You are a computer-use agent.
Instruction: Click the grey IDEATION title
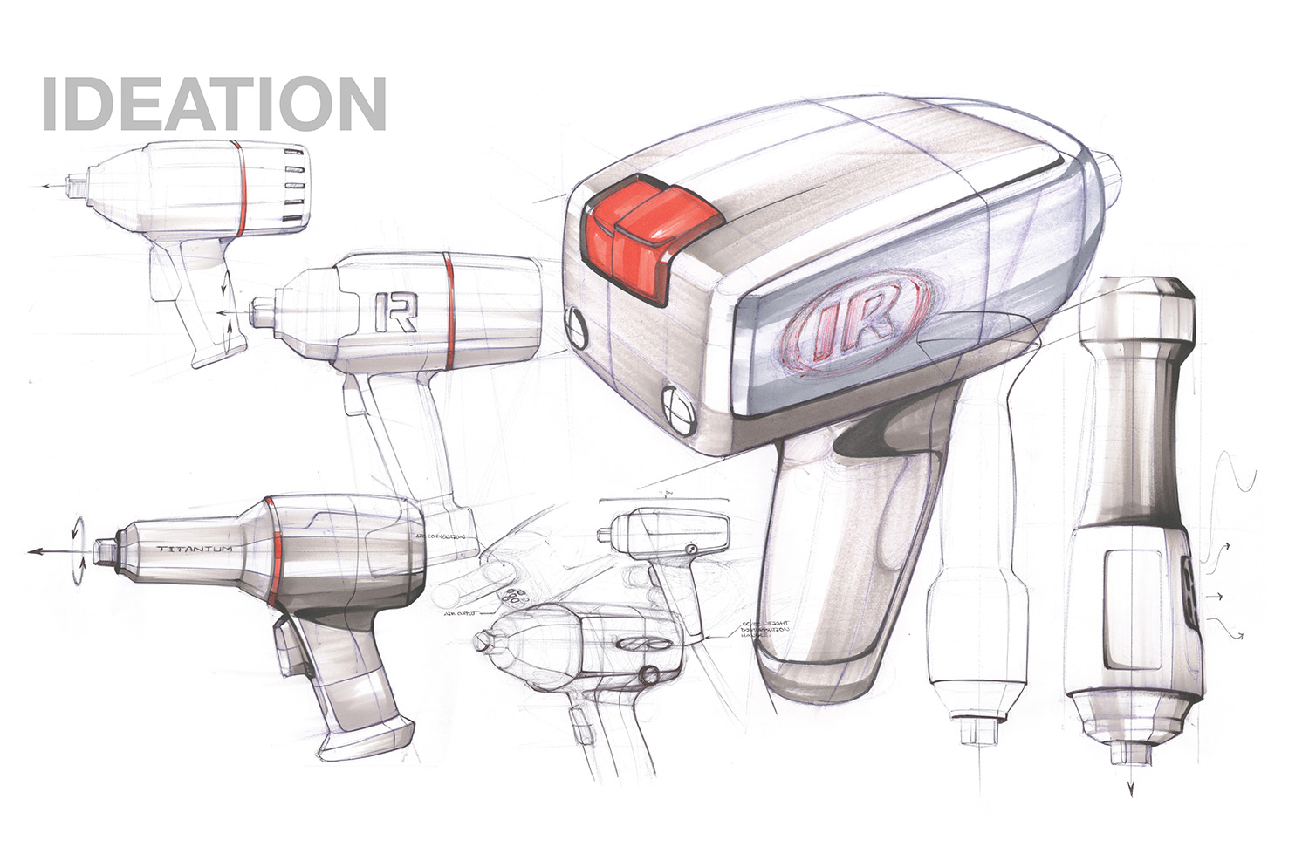pyautogui.click(x=213, y=104)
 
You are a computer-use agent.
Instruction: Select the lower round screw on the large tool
pyautogui.click(x=679, y=406)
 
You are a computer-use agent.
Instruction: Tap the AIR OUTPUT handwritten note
pyautogui.click(x=460, y=613)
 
